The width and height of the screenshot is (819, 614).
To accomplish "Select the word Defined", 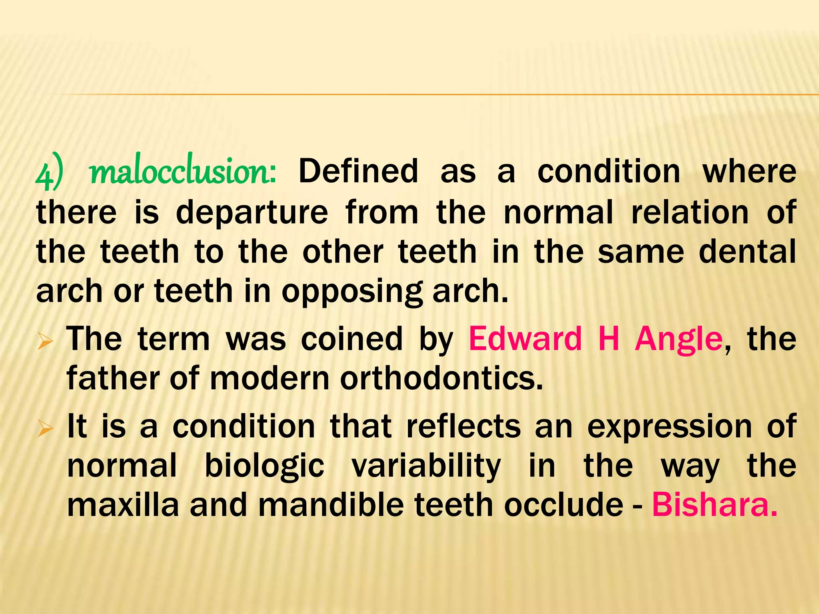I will pos(358,171).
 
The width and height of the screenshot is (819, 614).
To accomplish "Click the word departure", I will pos(252,213).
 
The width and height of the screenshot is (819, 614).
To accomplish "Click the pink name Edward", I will pos(525,339).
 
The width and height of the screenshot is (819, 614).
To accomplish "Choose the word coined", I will pos(352,339).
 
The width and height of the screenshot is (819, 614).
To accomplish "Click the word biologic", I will pos(264,466).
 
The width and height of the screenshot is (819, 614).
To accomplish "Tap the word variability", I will pos(426,466).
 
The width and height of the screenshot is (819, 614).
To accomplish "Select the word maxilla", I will pos(123,504).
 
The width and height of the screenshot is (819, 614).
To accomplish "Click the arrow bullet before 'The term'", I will pos(45,342).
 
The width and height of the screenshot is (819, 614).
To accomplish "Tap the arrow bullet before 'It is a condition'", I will pos(45,430).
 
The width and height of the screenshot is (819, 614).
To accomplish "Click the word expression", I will pos(669,427).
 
